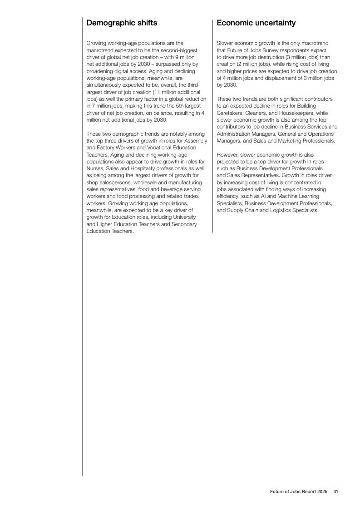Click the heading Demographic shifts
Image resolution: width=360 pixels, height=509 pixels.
(x=122, y=23)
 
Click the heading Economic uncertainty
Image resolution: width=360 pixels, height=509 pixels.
(x=256, y=23)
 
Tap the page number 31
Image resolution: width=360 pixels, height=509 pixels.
(x=336, y=491)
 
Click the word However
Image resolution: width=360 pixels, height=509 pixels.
(x=227, y=155)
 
